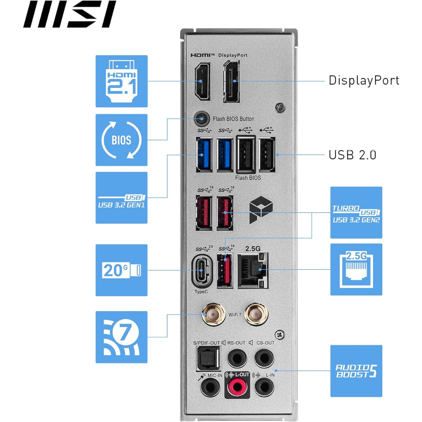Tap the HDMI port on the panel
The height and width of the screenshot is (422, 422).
coord(202,82)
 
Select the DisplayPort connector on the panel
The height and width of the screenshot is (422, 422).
coord(231,81)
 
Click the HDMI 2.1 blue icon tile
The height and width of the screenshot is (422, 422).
coord(122,81)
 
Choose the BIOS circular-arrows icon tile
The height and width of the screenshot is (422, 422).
coord(122,140)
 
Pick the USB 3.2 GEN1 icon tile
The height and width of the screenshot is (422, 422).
coord(122,197)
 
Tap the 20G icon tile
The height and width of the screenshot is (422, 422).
coord(122,270)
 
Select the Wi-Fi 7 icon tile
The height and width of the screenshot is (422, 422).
coord(122,337)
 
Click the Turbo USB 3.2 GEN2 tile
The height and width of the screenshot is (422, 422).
coord(356,213)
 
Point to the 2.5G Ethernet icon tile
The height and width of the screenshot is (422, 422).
coord(356,269)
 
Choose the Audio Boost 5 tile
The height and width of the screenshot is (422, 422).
coord(356,371)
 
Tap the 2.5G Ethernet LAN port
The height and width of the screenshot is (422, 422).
coord(253,271)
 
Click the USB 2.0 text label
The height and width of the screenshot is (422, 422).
coord(352,155)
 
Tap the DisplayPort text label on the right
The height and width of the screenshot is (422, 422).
coord(364,80)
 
